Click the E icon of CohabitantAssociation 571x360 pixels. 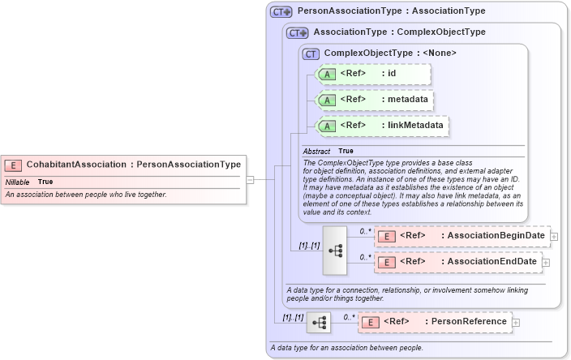[x=14, y=165]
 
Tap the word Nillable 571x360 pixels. [x=17, y=182]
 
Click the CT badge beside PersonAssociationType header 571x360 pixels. [x=281, y=11]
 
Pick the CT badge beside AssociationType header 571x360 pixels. [x=298, y=33]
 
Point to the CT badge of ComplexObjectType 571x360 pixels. [x=311, y=54]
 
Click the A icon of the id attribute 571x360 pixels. [x=327, y=74]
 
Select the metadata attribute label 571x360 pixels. [x=406, y=100]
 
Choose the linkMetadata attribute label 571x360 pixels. [x=414, y=126]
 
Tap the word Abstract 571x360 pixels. [x=316, y=151]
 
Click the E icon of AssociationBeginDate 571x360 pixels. [x=388, y=236]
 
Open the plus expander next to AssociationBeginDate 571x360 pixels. [x=555, y=236]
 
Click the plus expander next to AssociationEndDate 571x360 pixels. [x=546, y=262]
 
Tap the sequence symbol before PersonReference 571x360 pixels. [x=318, y=323]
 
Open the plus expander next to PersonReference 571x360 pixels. [x=516, y=323]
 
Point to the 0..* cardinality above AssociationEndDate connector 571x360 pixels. [x=366, y=257]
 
